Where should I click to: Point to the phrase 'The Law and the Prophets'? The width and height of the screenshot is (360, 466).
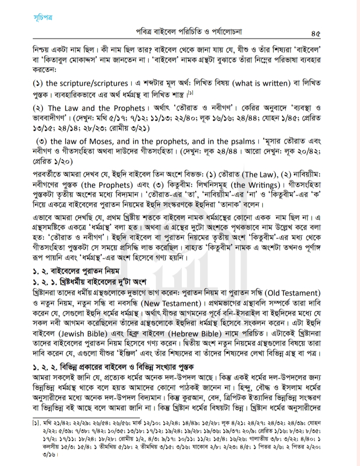[x=96, y=108]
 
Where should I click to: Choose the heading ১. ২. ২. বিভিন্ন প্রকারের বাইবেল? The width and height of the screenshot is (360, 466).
[x=113, y=367]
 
